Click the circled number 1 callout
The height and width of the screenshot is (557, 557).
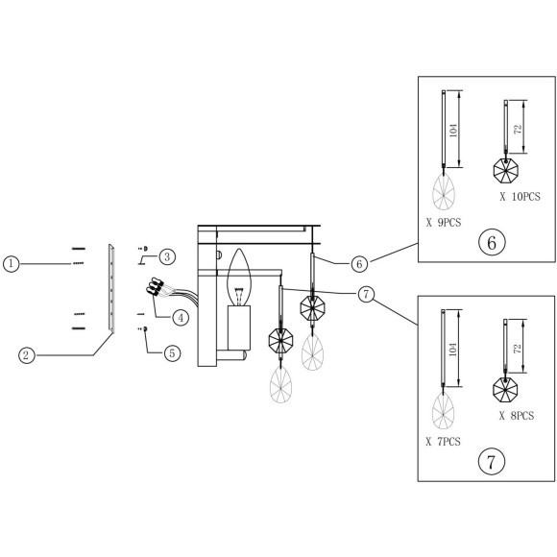pyautogui.click(x=11, y=262)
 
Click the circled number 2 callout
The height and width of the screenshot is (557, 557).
pyautogui.click(x=28, y=354)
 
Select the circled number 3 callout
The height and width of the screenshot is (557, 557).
pyautogui.click(x=166, y=255)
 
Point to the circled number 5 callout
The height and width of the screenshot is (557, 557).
pyautogui.click(x=171, y=352)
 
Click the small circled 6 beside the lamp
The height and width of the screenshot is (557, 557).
pyautogui.click(x=357, y=262)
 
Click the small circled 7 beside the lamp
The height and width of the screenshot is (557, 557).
pyautogui.click(x=366, y=295)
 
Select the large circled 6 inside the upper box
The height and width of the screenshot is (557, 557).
pyautogui.click(x=492, y=241)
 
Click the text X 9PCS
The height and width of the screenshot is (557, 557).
pyautogui.click(x=443, y=221)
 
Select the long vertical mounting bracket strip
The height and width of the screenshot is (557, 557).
pyautogui.click(x=112, y=287)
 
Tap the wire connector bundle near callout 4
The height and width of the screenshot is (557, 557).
pyautogui.click(x=157, y=288)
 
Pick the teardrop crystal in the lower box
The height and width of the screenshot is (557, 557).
pyautogui.click(x=443, y=411)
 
